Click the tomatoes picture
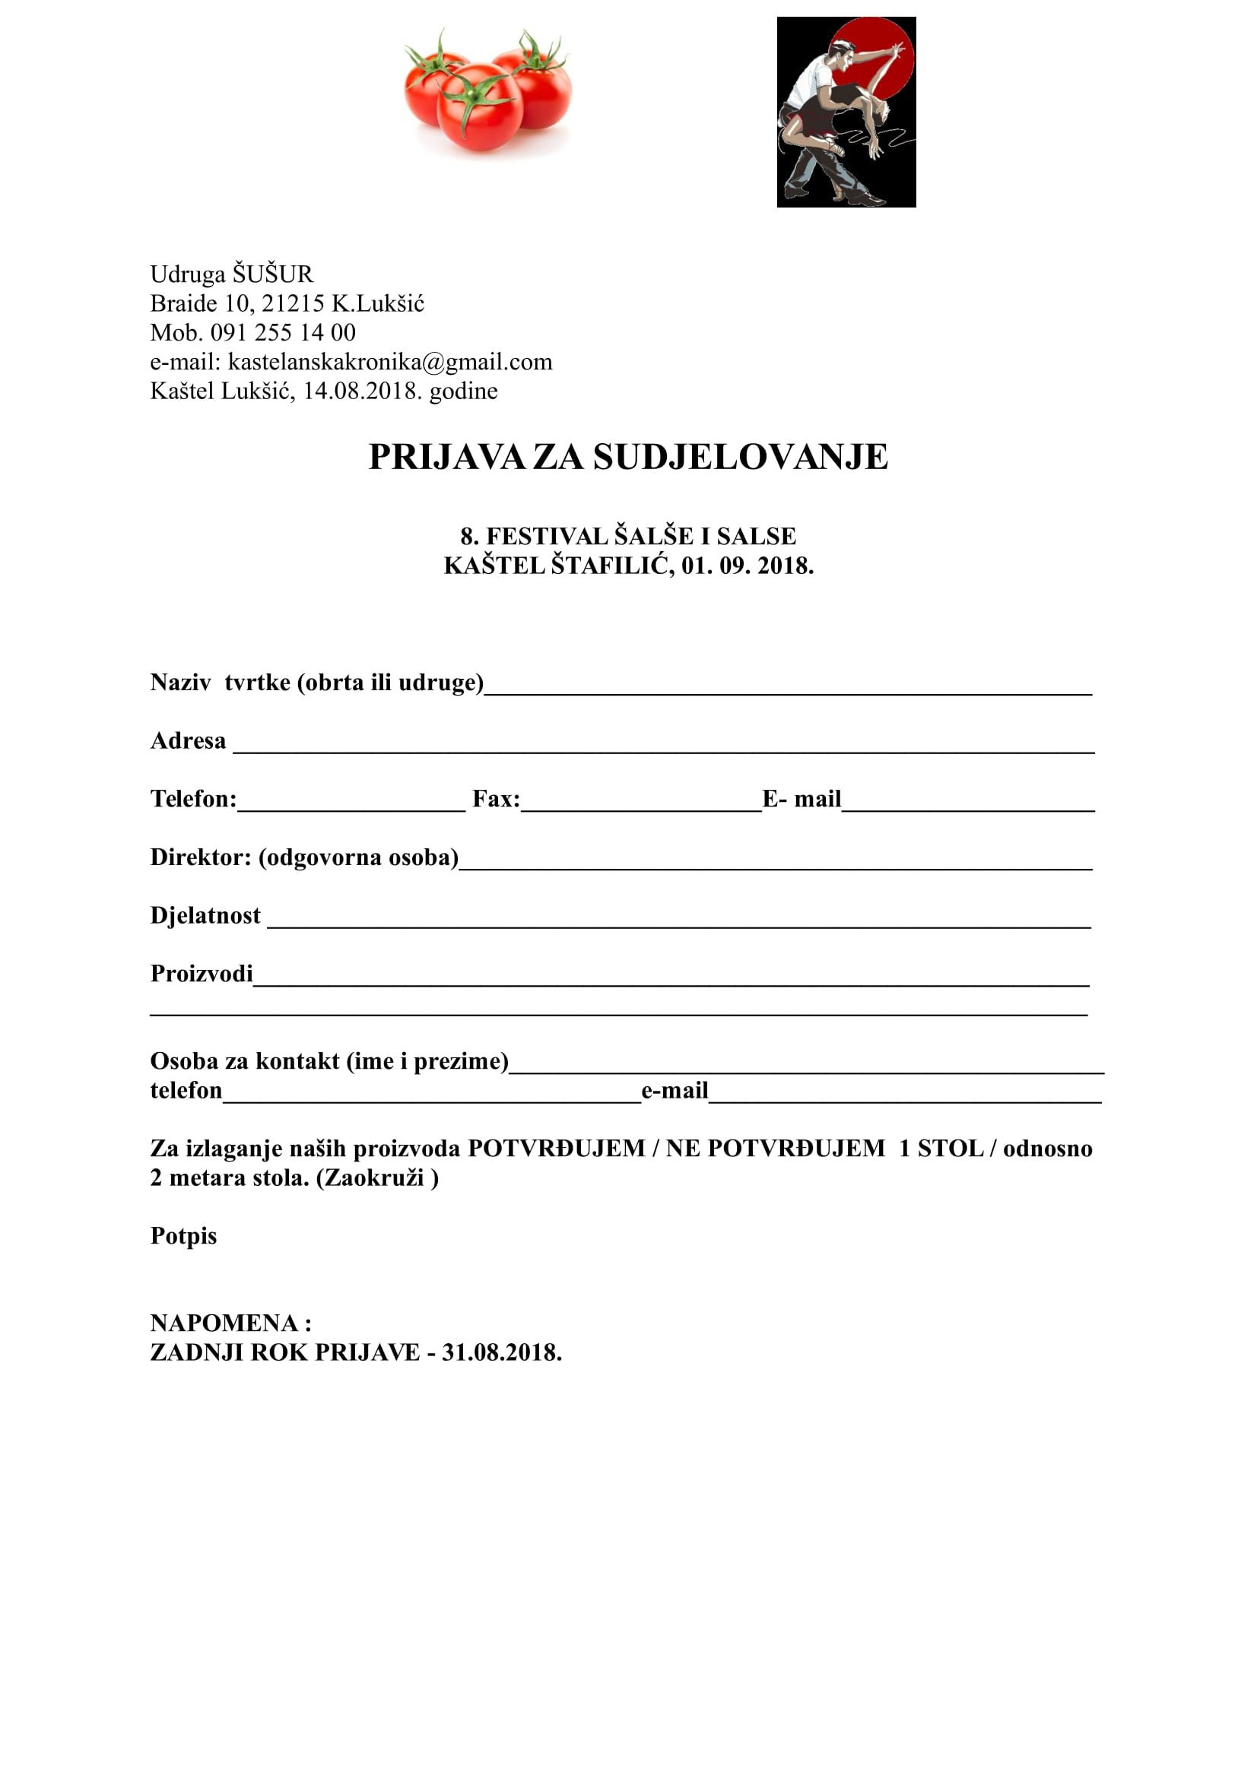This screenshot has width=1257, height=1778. coord(487,91)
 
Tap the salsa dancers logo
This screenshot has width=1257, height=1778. coord(846,113)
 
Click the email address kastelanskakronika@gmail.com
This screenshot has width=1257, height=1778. coord(389,362)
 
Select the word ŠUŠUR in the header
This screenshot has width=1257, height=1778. coord(273,274)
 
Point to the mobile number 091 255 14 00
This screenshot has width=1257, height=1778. coord(283,333)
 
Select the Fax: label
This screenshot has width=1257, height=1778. coord(496,799)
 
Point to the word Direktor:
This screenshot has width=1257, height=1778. coord(201,857)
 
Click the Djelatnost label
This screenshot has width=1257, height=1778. coord(205,916)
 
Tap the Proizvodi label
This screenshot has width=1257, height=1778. coord(202,974)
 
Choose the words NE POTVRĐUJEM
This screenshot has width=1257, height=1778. coord(774,1149)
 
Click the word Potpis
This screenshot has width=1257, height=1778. coord(183,1236)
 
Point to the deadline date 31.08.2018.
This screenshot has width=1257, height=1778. coord(501,1353)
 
